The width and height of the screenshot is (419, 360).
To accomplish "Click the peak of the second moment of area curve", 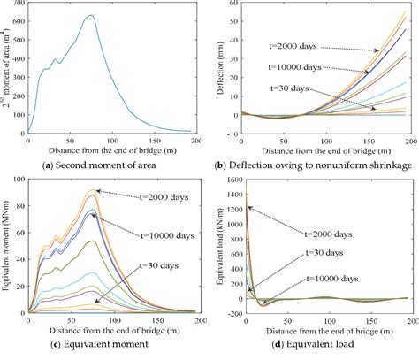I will click(x=91, y=16).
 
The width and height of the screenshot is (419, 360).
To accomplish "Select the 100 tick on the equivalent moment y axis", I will click(x=20, y=181).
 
